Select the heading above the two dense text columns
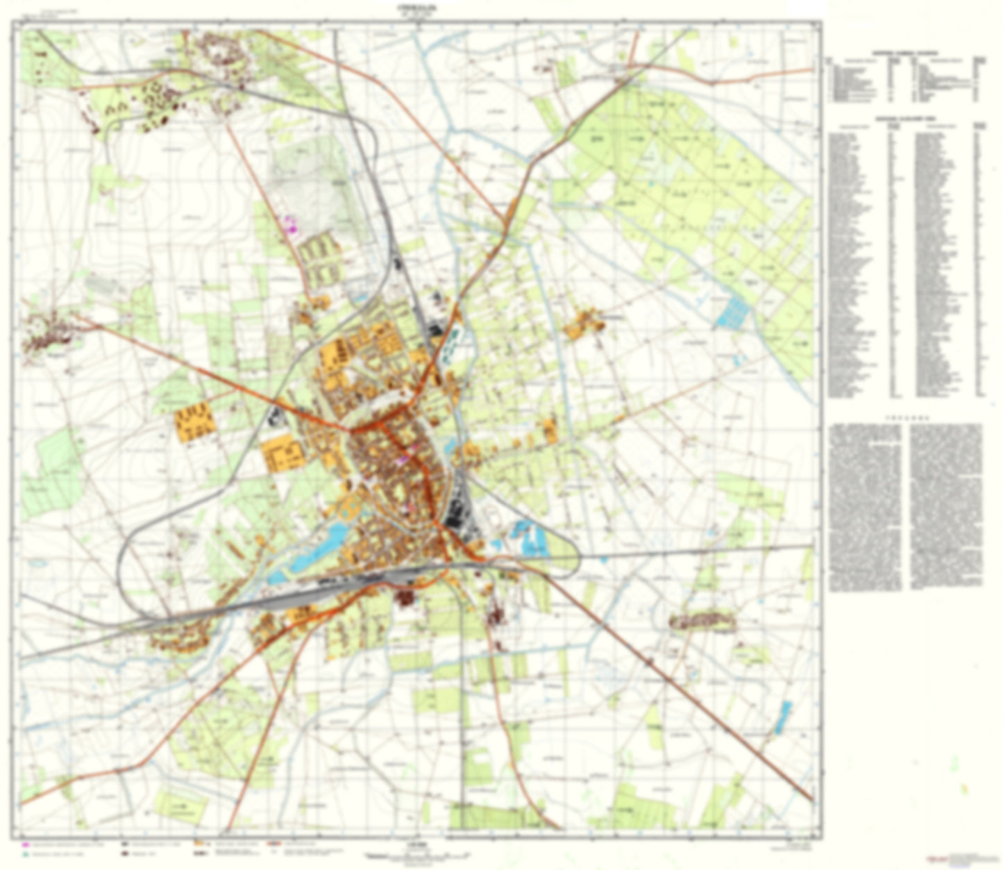(x=906, y=418)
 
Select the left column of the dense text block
(x=866, y=508)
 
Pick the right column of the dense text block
(x=945, y=508)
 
